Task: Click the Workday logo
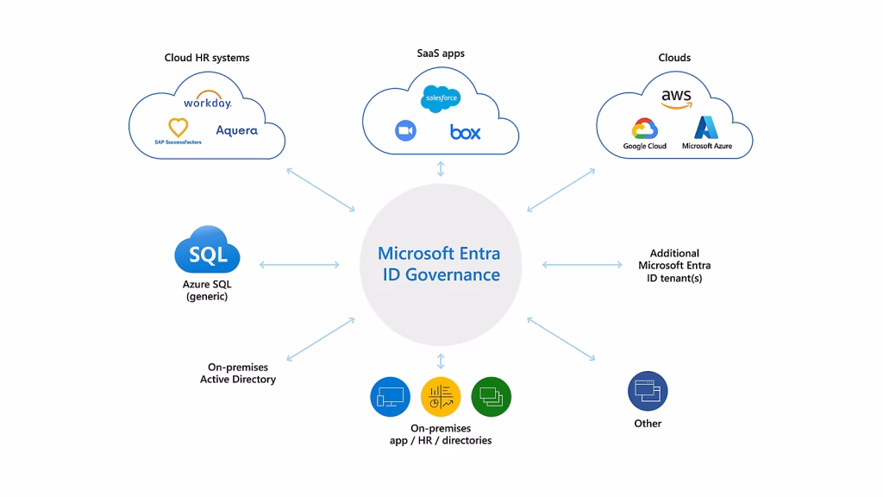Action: click(x=207, y=103)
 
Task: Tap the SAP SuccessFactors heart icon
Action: click(x=178, y=128)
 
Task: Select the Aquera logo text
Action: click(x=236, y=130)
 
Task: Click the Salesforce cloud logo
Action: click(x=441, y=99)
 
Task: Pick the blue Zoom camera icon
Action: click(x=405, y=130)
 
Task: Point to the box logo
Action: click(x=465, y=132)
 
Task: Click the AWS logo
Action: click(x=676, y=98)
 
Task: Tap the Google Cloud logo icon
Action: click(x=645, y=129)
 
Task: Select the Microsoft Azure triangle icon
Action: click(x=706, y=128)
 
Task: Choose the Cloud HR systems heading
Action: click(x=207, y=58)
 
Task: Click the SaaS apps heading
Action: click(x=441, y=53)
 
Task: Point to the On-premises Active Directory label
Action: click(x=238, y=373)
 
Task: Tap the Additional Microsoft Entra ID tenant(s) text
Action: click(x=674, y=266)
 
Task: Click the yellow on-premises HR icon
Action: click(x=441, y=396)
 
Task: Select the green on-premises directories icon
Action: click(x=492, y=396)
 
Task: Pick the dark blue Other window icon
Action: click(x=648, y=392)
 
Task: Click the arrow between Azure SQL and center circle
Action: click(x=298, y=264)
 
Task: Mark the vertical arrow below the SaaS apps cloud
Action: click(x=441, y=168)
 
